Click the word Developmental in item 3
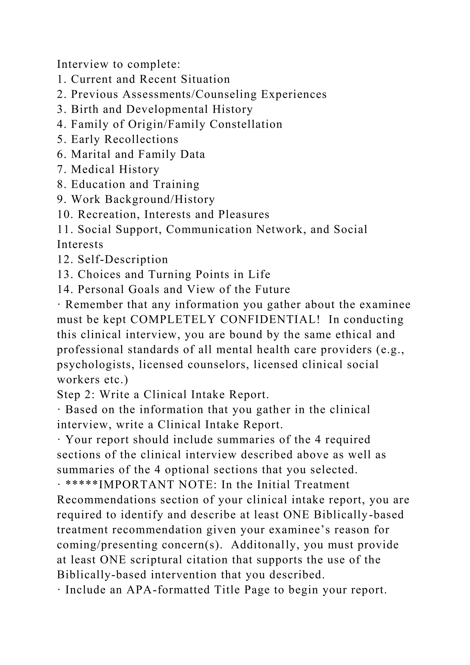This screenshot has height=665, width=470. pyautogui.click(x=167, y=109)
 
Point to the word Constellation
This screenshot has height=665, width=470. pyautogui.click(x=246, y=124)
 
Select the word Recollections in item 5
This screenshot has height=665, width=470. pyautogui.click(x=141, y=139)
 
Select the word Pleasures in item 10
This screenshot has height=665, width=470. pyautogui.click(x=244, y=215)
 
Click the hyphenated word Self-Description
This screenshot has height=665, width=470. pyautogui.click(x=123, y=259)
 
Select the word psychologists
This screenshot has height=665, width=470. pyautogui.click(x=95, y=365)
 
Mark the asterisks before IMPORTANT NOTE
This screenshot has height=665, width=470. pyautogui.click(x=82, y=485)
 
